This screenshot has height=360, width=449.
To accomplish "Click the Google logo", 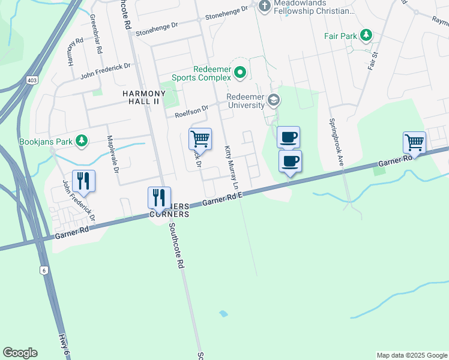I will pyautogui.click(x=20, y=353).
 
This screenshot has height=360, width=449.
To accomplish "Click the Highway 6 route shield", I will pyautogui.click(x=44, y=270).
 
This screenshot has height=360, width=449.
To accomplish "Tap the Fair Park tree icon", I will pyautogui.click(x=366, y=36).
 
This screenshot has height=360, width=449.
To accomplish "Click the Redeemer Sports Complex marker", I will pyautogui.click(x=240, y=73).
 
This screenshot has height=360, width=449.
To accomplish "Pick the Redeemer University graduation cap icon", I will pyautogui.click(x=274, y=100).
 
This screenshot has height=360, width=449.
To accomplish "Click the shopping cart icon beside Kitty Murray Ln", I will pyautogui.click(x=200, y=139).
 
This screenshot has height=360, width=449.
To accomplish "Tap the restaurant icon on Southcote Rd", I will pyautogui.click(x=159, y=197).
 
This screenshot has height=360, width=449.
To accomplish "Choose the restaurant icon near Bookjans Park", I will pyautogui.click(x=83, y=180).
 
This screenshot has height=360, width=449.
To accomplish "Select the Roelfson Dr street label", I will pyautogui.click(x=191, y=111).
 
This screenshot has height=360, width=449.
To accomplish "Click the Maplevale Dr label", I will pyautogui.click(x=113, y=153).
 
